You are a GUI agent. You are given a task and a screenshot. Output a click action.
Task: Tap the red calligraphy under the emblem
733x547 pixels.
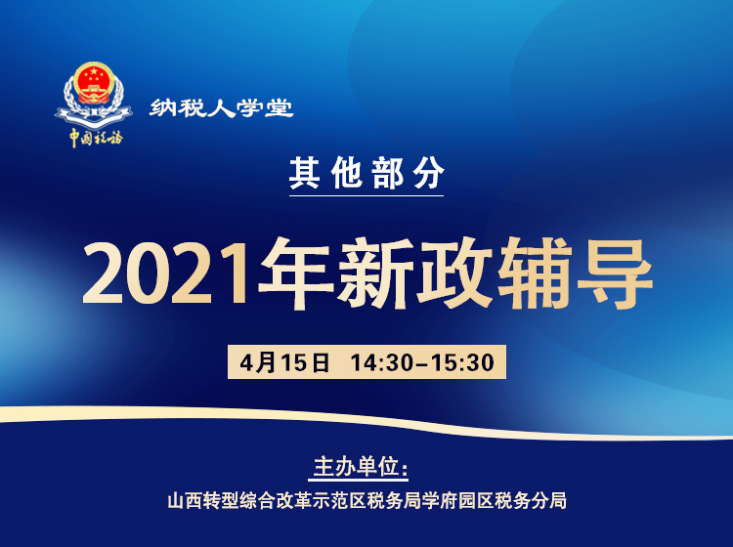[x=95, y=137]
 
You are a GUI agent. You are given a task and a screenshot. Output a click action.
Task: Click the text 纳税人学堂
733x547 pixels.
[x=222, y=108]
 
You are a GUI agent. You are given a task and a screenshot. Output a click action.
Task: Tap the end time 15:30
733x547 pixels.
[x=462, y=362]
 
